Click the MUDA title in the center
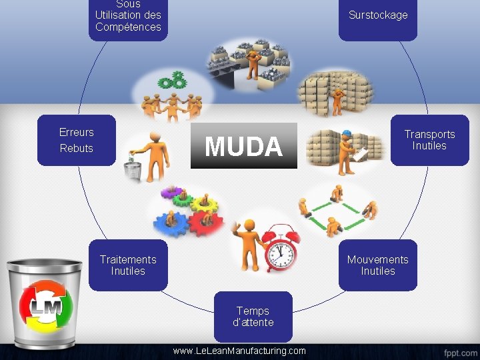pos(243,146)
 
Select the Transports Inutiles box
pos(429,140)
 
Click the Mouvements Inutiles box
pos(378,265)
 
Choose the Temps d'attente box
pos(253,316)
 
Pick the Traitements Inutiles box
pos(128,265)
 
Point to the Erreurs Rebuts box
pos(77,140)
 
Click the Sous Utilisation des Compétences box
pos(128,19)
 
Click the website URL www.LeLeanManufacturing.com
pos(239,351)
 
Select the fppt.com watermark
pos(459,351)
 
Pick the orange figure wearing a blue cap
pos(346,151)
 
